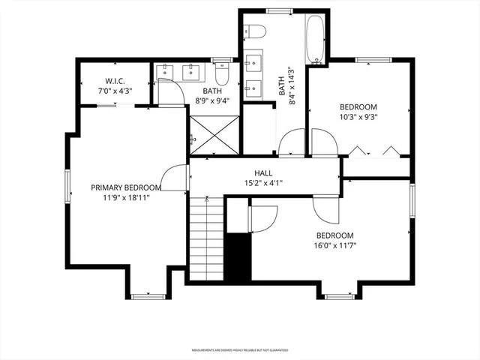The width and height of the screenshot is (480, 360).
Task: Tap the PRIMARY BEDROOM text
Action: [126, 187]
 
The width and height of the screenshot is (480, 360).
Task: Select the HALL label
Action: [262, 172]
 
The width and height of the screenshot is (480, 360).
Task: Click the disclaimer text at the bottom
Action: [239, 349]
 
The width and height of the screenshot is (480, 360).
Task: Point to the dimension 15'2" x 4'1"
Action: [262, 182]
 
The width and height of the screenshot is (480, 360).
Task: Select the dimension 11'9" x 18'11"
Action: [126, 198]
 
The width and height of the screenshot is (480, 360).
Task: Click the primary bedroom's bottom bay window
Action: [147, 296]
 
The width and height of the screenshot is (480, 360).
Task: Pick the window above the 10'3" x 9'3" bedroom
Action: [370, 58]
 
